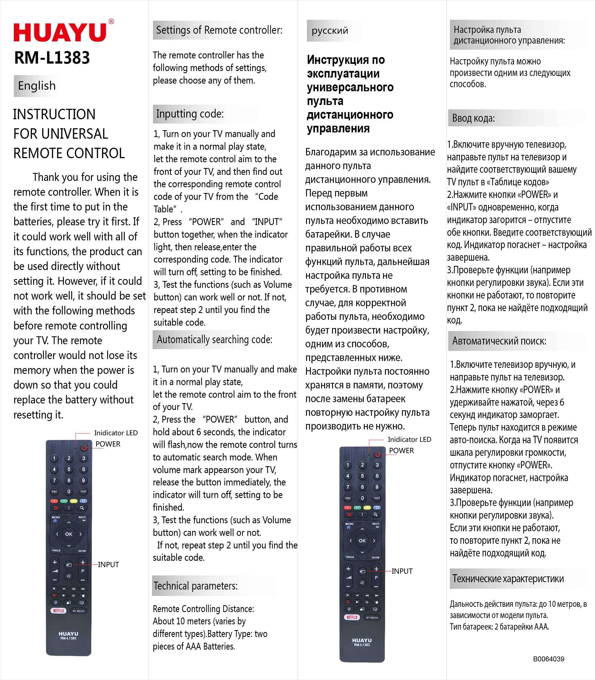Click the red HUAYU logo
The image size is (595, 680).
pos(60,33)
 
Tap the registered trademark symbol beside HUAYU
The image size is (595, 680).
pos(111,22)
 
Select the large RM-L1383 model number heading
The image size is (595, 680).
pos(52,58)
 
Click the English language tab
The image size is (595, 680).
pos(36,86)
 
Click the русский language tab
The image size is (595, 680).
pos(330,30)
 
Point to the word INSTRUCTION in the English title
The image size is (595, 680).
pos(54,115)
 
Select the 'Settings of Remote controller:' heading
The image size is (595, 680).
pos(219,30)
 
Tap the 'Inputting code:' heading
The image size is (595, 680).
pos(190,114)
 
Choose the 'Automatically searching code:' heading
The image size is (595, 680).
pos(215,339)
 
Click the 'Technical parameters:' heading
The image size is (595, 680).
pos(195,586)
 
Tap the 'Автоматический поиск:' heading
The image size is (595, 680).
pos(499,341)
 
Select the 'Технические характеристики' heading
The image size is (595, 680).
pos(508,578)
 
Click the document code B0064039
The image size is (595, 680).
pos(548,659)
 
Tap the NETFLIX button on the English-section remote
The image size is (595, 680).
pos(58,610)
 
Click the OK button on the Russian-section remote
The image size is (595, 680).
pos(362,540)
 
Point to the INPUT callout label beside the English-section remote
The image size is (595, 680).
pos(108,564)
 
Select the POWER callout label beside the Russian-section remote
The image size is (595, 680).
pos(402,451)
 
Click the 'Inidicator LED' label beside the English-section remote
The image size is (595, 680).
pos(116,433)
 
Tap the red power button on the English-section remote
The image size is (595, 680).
pos(84,448)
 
